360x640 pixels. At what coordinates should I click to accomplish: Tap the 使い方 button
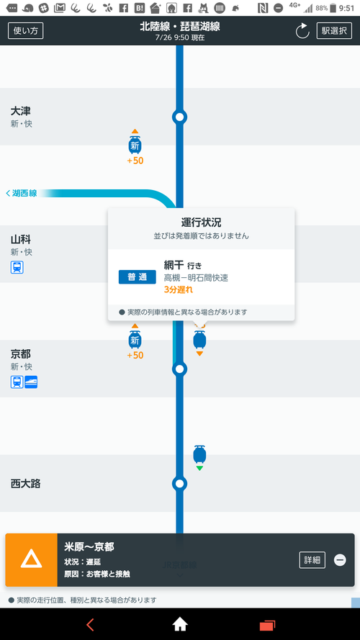26,31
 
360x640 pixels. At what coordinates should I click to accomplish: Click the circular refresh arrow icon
302,31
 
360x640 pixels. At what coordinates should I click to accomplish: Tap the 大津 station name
20,111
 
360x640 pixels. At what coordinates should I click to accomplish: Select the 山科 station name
20,239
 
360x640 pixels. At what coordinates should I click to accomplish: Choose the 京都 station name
20,353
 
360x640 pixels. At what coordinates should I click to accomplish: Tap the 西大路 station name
25,484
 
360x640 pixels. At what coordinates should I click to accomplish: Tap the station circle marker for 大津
179,117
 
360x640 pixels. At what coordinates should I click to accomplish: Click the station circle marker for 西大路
179,484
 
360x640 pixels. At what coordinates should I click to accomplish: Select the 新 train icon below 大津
135,145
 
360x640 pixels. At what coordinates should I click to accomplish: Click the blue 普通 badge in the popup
137,277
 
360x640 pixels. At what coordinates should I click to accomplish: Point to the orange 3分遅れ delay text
178,290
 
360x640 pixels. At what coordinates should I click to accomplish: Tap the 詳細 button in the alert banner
312,560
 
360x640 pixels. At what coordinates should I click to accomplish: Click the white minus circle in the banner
340,560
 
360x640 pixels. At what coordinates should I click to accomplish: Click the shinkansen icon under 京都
31,382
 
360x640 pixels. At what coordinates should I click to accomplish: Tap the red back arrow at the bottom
90,624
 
